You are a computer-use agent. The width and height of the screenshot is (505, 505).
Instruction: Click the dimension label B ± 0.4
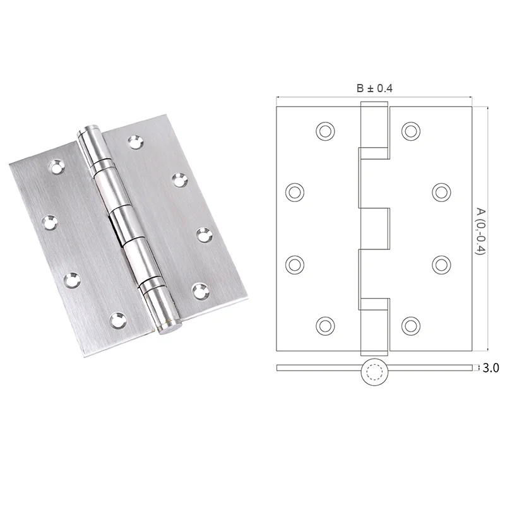click(x=374, y=89)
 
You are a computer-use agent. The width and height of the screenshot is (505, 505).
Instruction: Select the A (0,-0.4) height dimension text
click(x=481, y=230)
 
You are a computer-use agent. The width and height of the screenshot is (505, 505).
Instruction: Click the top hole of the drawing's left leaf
click(x=324, y=131)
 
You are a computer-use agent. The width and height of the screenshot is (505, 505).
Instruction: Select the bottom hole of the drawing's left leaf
click(x=324, y=325)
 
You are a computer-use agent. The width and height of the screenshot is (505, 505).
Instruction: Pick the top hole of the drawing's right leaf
click(x=412, y=131)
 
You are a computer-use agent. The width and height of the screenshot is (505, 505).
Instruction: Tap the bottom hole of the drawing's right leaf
click(x=412, y=325)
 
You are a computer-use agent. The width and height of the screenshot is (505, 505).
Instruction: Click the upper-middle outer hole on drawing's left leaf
click(x=295, y=191)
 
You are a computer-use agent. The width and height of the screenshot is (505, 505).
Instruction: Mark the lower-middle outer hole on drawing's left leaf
click(x=295, y=264)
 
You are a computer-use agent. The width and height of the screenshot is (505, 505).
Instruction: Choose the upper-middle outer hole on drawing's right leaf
click(x=441, y=191)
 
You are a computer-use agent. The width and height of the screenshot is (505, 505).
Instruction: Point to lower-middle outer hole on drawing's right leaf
click(x=441, y=264)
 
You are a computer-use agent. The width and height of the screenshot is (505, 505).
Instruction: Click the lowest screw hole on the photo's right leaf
click(x=201, y=291)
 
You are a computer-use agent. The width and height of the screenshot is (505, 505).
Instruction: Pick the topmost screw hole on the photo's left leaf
click(x=55, y=167)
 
